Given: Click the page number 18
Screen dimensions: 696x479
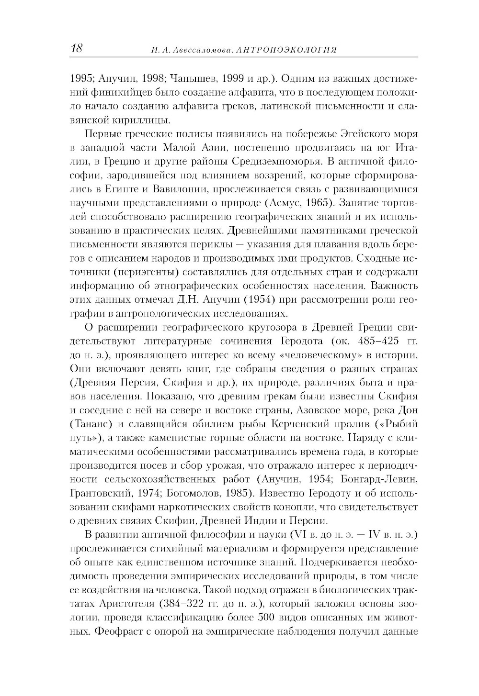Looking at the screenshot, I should coord(77,49).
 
